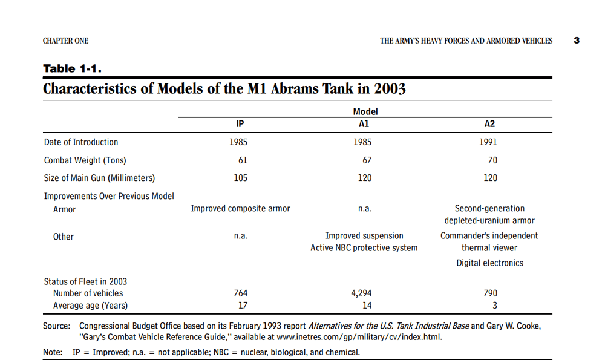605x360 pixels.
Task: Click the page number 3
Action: tap(577, 41)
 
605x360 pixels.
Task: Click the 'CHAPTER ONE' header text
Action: tap(65, 41)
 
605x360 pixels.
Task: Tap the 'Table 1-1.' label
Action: tap(72, 69)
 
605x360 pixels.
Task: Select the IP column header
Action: tap(240, 124)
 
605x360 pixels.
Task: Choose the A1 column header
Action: tap(364, 124)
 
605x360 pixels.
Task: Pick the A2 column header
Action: tap(489, 124)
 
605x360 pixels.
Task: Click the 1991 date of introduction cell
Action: tap(488, 142)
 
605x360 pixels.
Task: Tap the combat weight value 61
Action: tap(243, 160)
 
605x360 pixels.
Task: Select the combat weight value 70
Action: tap(492, 160)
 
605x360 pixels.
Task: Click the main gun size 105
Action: tap(241, 178)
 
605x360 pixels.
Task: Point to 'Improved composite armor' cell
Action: tap(240, 209)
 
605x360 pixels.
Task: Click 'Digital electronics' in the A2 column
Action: tap(490, 263)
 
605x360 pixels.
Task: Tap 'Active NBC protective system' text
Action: tap(364, 248)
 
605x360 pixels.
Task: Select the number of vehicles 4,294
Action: tap(361, 293)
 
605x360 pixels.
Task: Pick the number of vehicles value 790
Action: tap(491, 293)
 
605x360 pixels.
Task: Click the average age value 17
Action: tap(243, 306)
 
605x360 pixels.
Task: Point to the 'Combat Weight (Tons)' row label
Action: tap(85, 160)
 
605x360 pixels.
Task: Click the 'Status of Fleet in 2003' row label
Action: tap(85, 282)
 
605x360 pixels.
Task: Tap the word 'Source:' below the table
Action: tap(57, 326)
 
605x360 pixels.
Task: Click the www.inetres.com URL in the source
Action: tap(358, 337)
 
